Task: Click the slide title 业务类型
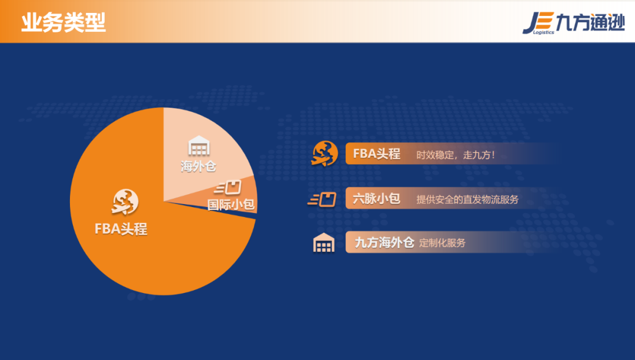63,22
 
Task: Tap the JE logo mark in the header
537,21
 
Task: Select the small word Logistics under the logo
543,33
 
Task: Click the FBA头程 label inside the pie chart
121,229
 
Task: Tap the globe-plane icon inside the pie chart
125,202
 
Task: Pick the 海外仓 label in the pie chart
198,166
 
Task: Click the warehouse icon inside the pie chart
199,146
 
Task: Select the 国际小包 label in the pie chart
231,205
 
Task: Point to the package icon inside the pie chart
229,188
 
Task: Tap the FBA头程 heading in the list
377,154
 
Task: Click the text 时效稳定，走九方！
456,155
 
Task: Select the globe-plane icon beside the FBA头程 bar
325,154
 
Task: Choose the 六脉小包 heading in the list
376,199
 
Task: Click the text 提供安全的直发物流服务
467,199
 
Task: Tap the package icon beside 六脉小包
322,199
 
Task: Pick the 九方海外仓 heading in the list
385,242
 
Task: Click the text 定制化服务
442,243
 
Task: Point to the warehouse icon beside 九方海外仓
323,243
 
